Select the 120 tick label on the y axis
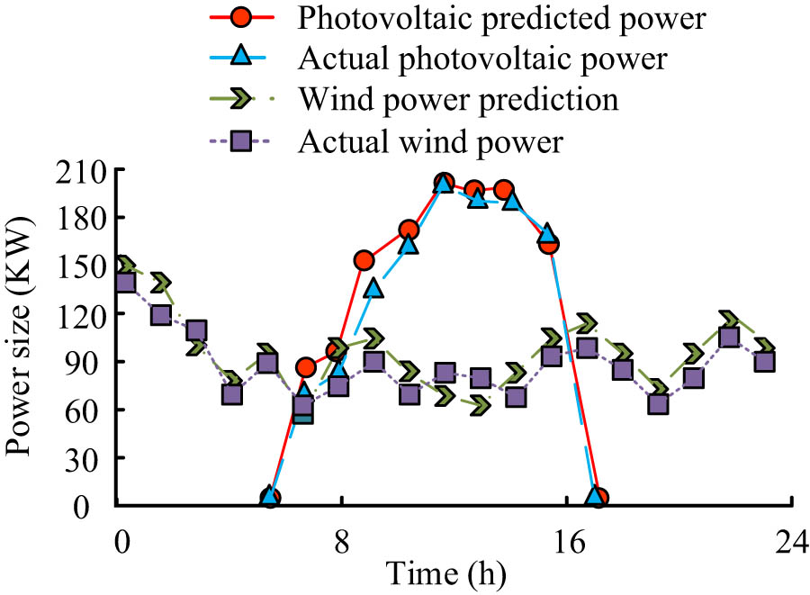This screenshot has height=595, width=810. click(x=79, y=313)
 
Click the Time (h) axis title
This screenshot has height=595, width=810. click(x=446, y=572)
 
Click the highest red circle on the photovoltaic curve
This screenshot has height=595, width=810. click(x=444, y=183)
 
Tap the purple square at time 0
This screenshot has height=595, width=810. click(x=125, y=283)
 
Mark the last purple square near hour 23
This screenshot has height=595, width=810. click(x=765, y=361)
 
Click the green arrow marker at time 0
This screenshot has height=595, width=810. click(x=124, y=266)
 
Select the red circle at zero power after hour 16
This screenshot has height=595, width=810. click(x=598, y=498)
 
